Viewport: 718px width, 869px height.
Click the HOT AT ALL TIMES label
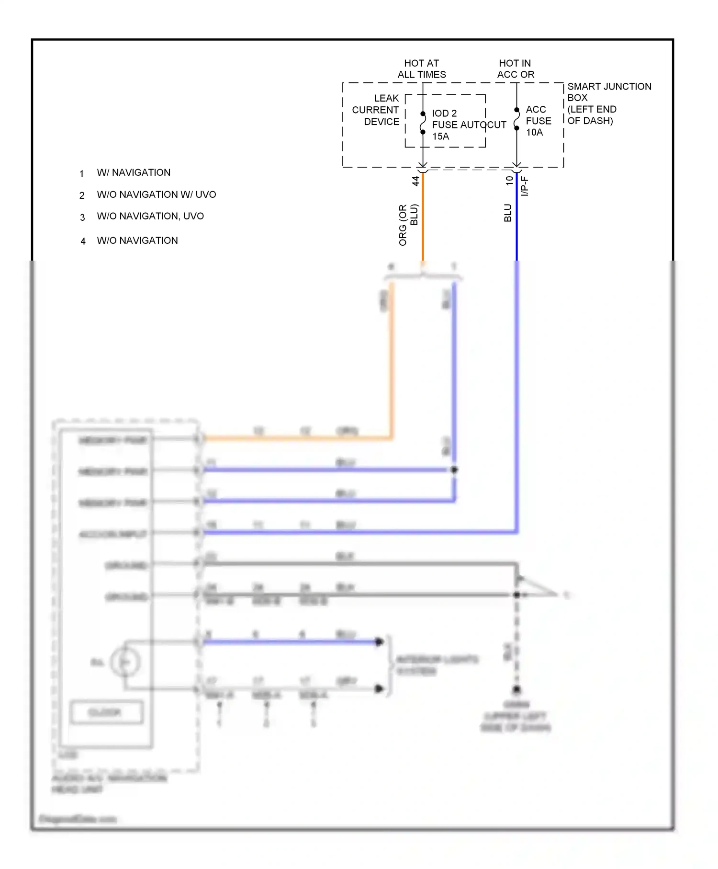(x=422, y=69)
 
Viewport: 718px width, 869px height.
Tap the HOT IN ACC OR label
(x=516, y=69)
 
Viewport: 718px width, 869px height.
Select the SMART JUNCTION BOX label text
(x=609, y=92)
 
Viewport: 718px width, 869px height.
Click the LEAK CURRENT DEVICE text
(x=376, y=110)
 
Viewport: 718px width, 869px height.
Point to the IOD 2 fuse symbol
(x=423, y=123)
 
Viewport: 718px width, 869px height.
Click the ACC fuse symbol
(x=516, y=119)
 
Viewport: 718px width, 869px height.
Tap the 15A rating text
(x=440, y=137)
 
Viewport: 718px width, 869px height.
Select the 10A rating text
(x=534, y=133)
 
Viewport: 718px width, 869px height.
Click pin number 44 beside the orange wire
(x=415, y=181)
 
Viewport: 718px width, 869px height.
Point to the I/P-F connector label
(x=525, y=186)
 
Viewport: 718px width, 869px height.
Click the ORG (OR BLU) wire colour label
(x=408, y=225)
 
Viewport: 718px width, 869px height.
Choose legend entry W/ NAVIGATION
(x=134, y=172)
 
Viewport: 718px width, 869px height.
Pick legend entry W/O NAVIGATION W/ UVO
(x=157, y=194)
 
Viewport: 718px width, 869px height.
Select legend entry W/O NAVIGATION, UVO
(x=150, y=216)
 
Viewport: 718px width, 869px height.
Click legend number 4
(x=83, y=241)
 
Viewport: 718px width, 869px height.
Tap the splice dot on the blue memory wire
(x=454, y=470)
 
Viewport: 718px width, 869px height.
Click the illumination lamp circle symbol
(x=125, y=663)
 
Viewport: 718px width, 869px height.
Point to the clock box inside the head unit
(x=106, y=712)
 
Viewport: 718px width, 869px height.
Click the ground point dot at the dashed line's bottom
(x=516, y=689)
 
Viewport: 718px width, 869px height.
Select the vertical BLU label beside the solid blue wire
(x=508, y=213)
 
